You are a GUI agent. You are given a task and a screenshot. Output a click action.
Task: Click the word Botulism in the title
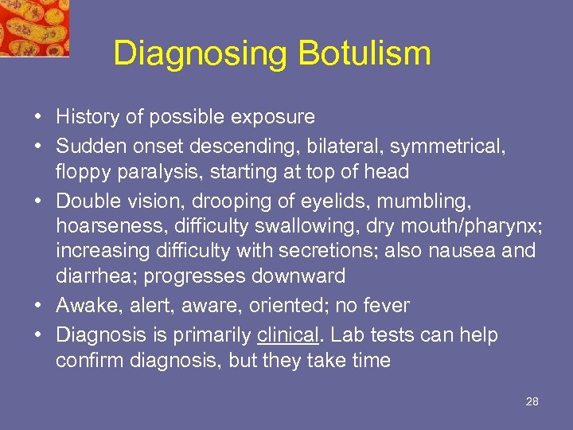[x=364, y=53]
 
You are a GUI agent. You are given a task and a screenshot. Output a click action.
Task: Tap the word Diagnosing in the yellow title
[x=201, y=54]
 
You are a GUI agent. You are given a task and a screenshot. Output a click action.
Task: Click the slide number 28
[x=532, y=401]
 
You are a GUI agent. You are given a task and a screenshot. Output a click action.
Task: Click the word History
[x=85, y=117]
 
